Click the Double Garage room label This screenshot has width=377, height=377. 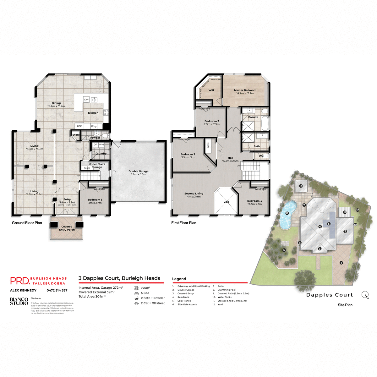(138, 172)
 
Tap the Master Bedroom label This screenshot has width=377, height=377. (245, 90)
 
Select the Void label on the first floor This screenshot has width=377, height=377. (227, 202)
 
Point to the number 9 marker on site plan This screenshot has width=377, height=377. (301, 186)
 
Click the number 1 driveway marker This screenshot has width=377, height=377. (341, 263)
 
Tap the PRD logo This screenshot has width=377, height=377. (20, 281)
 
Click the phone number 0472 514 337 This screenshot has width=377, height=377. (57, 290)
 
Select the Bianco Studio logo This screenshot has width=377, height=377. (19, 301)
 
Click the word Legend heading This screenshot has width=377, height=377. (179, 279)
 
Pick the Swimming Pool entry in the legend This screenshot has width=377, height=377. (227, 290)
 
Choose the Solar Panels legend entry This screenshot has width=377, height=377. (184, 301)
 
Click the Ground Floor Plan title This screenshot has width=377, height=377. (27, 223)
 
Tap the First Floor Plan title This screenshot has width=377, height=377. (184, 223)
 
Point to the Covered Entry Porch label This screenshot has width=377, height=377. (67, 228)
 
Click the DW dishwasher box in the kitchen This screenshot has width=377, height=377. (86, 100)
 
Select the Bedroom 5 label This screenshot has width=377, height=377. (95, 200)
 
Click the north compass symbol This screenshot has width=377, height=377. (365, 295)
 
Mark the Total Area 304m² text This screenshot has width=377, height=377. (92, 297)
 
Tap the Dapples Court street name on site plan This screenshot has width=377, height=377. (330, 295)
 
